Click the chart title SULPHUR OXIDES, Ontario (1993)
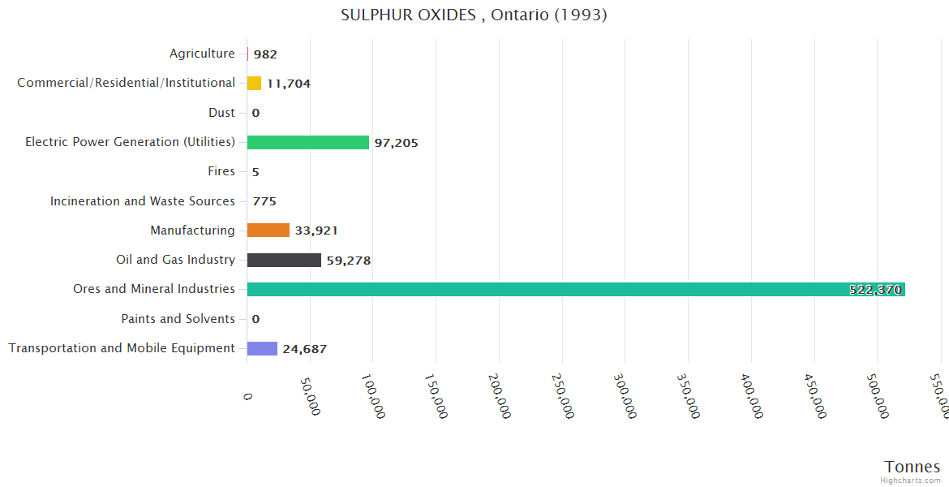(x=474, y=15)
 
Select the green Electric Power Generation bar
(x=307, y=142)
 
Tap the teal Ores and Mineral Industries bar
(x=575, y=289)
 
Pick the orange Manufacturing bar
(x=268, y=231)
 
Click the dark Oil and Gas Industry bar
(x=284, y=260)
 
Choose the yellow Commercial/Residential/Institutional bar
(x=254, y=83)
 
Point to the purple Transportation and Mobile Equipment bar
(x=262, y=348)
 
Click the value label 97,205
(x=396, y=143)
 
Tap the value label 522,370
(x=874, y=290)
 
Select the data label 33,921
(x=316, y=231)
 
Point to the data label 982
(x=265, y=54)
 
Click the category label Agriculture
(x=202, y=54)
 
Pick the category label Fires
(x=221, y=171)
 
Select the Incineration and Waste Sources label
(x=143, y=200)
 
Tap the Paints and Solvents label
(x=178, y=319)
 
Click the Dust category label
(x=221, y=113)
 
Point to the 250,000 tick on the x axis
(x=563, y=396)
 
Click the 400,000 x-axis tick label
(x=752, y=396)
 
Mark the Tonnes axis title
(x=912, y=467)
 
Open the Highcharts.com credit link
(x=912, y=481)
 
